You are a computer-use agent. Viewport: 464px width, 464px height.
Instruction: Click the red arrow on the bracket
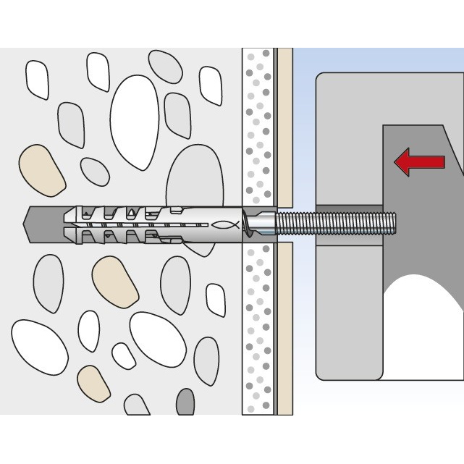tap(418, 162)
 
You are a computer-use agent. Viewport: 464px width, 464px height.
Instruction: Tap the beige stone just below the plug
tap(115, 282)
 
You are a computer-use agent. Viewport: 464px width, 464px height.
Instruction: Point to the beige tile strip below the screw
tap(285, 326)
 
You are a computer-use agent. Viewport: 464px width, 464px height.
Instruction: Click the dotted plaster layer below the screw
tap(258, 326)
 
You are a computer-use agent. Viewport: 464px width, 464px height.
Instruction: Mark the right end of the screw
tap(397, 222)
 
